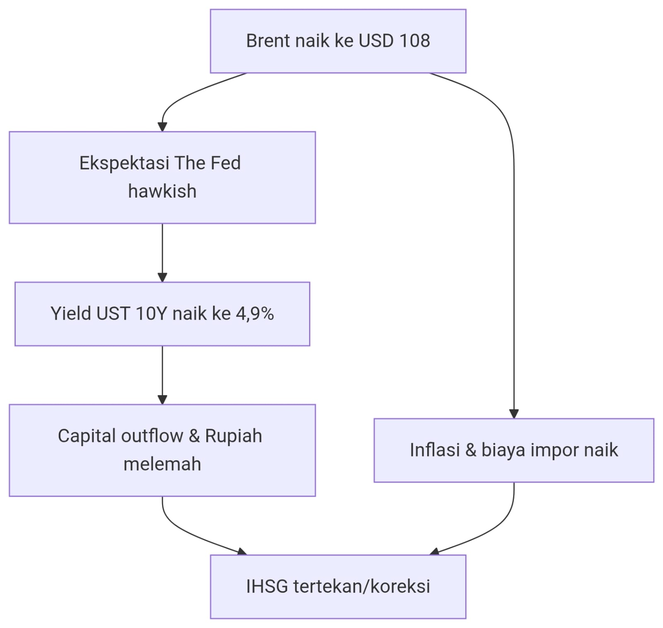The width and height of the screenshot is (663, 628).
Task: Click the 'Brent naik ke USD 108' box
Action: click(x=338, y=41)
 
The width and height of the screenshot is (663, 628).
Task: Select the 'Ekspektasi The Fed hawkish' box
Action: click(x=162, y=177)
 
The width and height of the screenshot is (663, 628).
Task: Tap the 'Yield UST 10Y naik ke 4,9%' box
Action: click(x=162, y=314)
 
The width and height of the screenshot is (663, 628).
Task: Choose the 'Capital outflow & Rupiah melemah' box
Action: click(x=162, y=450)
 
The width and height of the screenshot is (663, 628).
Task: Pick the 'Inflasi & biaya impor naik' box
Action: click(x=514, y=450)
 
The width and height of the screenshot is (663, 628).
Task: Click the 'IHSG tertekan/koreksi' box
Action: click(x=338, y=587)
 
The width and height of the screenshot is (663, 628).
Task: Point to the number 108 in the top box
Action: click(x=414, y=41)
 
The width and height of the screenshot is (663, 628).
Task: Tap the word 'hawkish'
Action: click(x=162, y=191)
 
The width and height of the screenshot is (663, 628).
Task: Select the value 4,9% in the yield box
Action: click(x=255, y=314)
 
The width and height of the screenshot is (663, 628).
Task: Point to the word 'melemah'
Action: click(x=162, y=464)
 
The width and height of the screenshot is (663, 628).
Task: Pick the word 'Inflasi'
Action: click(x=435, y=450)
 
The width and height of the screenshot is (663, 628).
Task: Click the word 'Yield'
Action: click(x=70, y=314)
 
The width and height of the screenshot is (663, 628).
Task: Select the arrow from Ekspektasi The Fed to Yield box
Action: click(x=162, y=253)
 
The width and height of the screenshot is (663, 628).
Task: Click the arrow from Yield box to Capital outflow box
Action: click(x=162, y=375)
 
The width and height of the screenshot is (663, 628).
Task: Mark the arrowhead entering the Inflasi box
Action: click(x=514, y=413)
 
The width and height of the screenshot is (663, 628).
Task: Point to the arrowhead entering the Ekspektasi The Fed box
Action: click(x=162, y=126)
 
